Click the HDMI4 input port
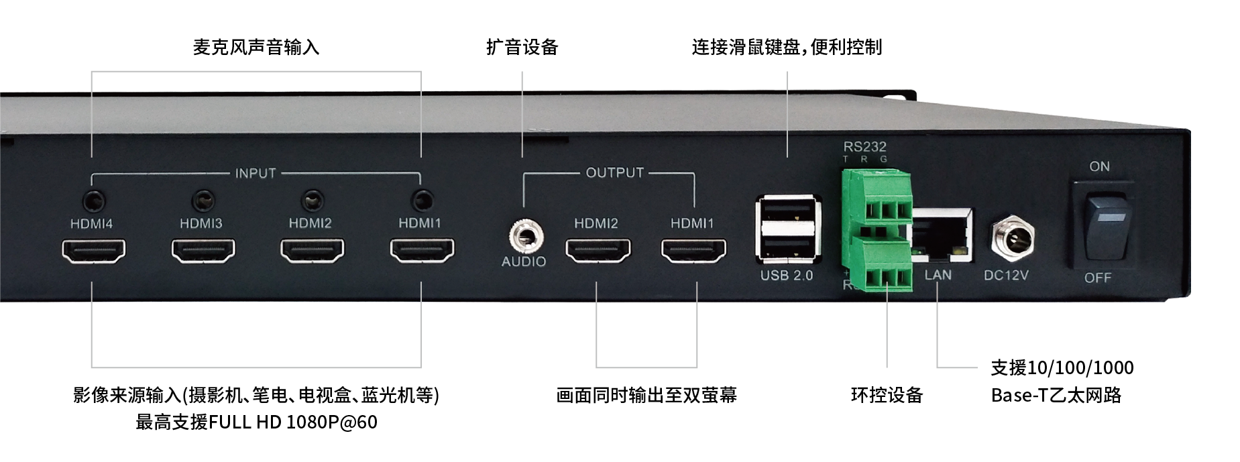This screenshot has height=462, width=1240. point(93,251)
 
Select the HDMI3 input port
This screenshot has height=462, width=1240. point(203,251)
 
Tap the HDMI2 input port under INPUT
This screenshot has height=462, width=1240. point(312,251)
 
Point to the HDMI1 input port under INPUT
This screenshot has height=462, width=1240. point(422,251)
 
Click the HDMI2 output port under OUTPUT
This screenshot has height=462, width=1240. point(598,251)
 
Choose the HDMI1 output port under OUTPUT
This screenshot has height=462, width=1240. point(693,251)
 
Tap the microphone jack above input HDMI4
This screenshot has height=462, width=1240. point(93,200)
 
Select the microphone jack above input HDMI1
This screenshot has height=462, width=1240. point(422,200)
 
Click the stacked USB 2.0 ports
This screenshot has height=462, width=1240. point(788,229)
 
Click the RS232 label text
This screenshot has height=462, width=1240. point(865,146)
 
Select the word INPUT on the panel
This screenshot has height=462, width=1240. point(256,173)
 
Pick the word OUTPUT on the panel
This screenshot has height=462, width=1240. point(615,173)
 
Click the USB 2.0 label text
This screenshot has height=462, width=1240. point(787,276)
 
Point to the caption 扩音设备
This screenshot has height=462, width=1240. point(522,47)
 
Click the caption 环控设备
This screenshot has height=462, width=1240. point(887,395)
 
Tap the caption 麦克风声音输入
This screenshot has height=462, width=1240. point(256,47)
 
